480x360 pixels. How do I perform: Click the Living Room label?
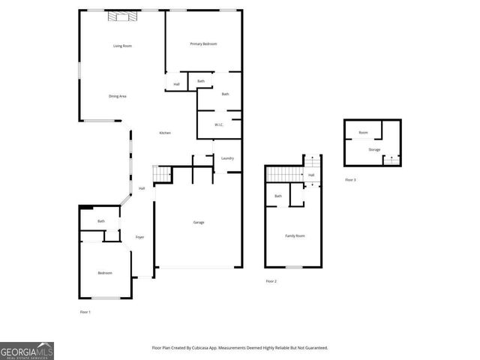(122, 46)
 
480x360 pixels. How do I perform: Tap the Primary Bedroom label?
(203, 44)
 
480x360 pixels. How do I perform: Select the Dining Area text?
(117, 96)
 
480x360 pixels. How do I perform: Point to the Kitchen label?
(165, 133)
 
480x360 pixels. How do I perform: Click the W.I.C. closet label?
(220, 124)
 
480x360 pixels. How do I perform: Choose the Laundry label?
(227, 158)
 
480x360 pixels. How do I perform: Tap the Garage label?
(199, 222)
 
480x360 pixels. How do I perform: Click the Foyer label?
(139, 237)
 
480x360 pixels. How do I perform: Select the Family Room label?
(295, 235)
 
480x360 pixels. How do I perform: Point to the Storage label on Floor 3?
(374, 149)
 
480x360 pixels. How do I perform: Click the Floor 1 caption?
(85, 311)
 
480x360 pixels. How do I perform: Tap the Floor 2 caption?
(271, 281)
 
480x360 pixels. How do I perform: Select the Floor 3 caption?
(350, 180)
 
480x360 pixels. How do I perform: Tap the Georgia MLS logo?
(27, 350)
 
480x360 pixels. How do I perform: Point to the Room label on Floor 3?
(363, 133)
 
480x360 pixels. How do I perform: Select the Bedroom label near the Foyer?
(105, 273)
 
